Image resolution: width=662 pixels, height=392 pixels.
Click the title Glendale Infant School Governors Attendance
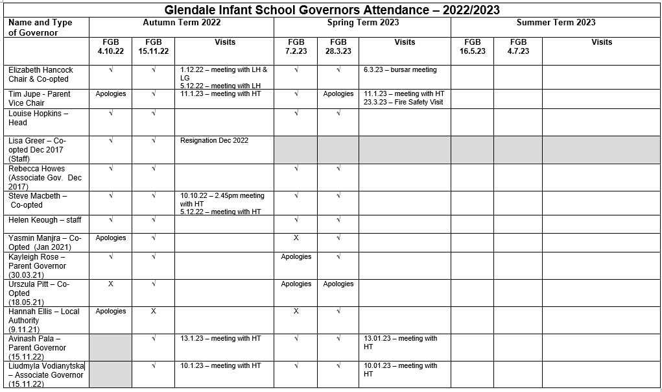(331, 10)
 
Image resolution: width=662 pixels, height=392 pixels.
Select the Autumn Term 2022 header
(182, 23)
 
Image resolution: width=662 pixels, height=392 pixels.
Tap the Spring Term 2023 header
(362, 23)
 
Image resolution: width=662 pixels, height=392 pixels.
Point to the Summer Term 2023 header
(556, 23)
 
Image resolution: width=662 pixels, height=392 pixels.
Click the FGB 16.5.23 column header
(472, 47)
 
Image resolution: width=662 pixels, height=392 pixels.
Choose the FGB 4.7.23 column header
(518, 47)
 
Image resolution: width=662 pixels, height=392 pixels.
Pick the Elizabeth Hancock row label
(41, 74)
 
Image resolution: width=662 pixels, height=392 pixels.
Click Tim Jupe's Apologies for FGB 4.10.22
(110, 94)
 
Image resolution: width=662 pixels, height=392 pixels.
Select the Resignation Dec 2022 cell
(214, 141)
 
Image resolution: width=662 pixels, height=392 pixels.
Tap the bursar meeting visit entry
(400, 70)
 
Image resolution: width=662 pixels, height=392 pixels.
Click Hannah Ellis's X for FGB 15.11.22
(154, 312)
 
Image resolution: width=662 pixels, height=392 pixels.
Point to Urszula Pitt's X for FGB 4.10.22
(110, 284)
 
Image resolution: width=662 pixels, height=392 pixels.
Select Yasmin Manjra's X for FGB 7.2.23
(296, 238)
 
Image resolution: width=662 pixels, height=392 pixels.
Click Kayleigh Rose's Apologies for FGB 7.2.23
(296, 257)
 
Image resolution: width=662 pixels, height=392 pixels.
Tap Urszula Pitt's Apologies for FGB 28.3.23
(338, 284)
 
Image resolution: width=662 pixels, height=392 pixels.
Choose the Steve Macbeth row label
(38, 200)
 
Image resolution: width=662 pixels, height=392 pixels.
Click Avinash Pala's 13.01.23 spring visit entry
(400, 342)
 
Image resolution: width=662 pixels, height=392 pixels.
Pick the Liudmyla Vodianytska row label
(46, 375)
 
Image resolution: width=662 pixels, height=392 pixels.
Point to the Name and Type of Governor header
(40, 27)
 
